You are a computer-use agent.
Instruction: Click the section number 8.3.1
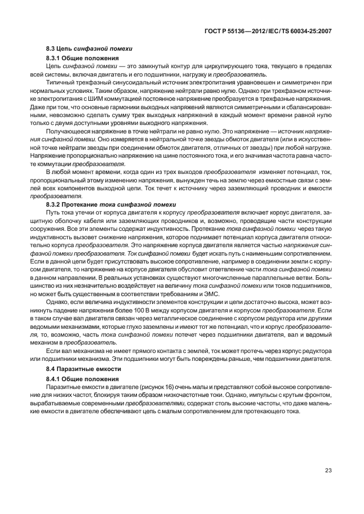(x=54, y=59)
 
